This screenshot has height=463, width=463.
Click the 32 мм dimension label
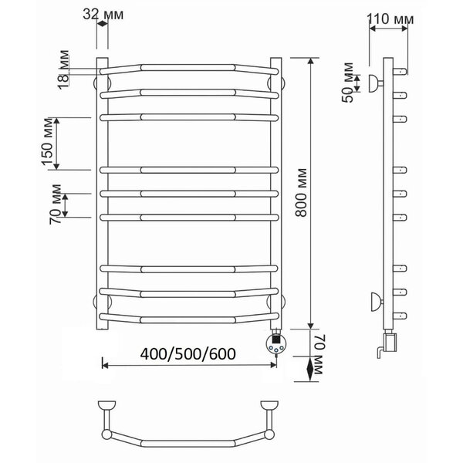click(103, 14)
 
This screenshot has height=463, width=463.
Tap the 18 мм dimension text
click(63, 69)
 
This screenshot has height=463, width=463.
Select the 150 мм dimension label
click(47, 142)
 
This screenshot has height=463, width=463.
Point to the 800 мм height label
click(301, 192)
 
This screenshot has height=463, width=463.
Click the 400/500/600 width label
click(188, 353)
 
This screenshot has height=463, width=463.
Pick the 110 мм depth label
click(390, 19)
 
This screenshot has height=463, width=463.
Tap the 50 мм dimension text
click(348, 83)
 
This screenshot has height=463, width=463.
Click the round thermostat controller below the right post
click(276, 343)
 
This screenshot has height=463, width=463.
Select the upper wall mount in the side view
click(376, 83)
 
